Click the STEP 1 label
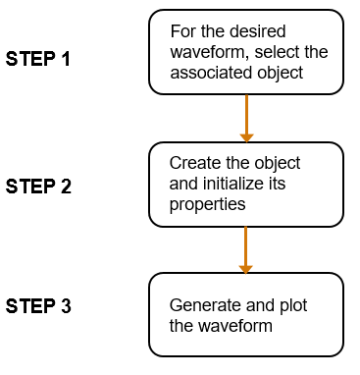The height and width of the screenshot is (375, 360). (38, 59)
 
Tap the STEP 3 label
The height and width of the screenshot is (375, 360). (38, 306)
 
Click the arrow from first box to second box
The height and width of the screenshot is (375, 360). (246, 117)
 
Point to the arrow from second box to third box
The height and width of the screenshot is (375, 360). (246, 249)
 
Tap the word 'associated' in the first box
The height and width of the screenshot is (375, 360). (211, 73)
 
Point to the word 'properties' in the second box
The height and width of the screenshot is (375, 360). (207, 205)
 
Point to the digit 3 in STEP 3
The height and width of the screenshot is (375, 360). (65, 306)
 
